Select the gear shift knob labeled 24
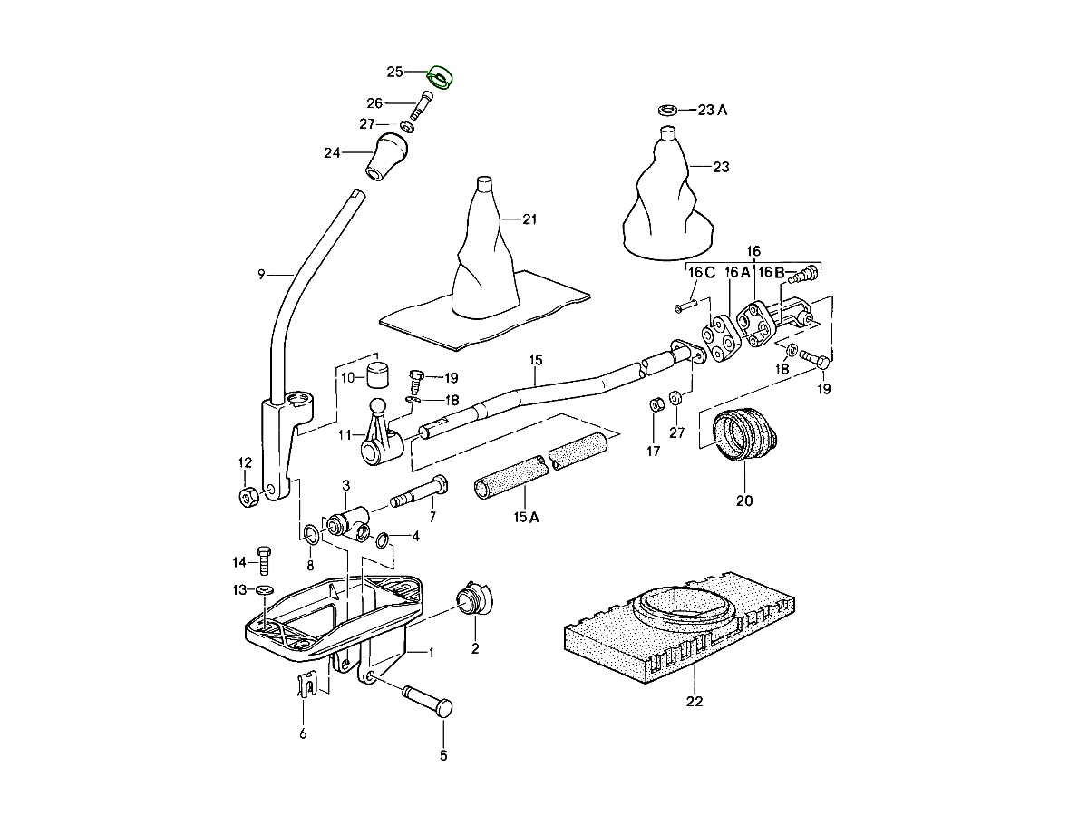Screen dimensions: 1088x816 click(x=386, y=156)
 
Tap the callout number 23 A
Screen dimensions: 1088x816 click(x=713, y=110)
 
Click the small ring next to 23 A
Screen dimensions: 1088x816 click(x=668, y=110)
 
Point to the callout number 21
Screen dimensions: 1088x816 click(x=529, y=219)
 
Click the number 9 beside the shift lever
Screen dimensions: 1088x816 click(x=261, y=274)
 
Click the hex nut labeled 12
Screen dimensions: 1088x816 click(x=248, y=496)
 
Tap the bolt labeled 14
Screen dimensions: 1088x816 click(x=264, y=560)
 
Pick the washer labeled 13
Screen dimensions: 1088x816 click(x=265, y=589)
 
